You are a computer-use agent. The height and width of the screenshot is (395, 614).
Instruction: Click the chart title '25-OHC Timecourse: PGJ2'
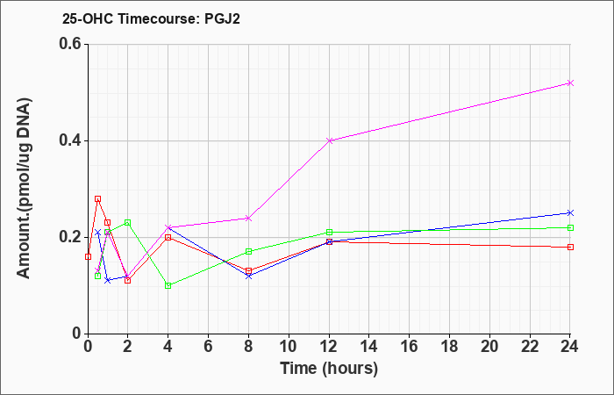click(x=151, y=18)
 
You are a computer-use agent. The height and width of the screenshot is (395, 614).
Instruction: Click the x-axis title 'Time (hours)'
click(x=329, y=369)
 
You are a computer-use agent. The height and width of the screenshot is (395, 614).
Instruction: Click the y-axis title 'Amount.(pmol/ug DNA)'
click(x=24, y=189)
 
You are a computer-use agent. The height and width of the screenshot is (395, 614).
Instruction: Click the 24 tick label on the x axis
click(x=570, y=347)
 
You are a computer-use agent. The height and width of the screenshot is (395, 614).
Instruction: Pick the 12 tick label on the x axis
click(x=329, y=347)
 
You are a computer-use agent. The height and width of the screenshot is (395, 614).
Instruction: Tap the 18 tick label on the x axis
click(x=449, y=347)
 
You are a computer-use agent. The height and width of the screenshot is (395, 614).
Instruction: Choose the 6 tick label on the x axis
click(x=209, y=347)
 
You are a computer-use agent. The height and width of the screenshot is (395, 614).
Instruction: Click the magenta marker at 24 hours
click(x=570, y=83)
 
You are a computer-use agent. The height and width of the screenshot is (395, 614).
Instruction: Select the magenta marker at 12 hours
click(x=329, y=140)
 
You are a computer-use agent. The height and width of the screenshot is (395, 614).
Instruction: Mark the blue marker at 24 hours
click(x=570, y=212)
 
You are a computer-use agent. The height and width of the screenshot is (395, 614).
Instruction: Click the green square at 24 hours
click(x=570, y=227)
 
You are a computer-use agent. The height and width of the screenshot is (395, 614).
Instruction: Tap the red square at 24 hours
click(x=570, y=247)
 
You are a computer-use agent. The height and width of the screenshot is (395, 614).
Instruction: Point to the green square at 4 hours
click(x=168, y=285)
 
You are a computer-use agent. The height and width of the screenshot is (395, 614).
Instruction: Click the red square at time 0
click(x=88, y=256)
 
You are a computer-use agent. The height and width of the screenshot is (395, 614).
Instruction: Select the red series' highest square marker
click(x=98, y=198)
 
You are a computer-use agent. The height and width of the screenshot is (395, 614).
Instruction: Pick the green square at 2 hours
click(x=127, y=223)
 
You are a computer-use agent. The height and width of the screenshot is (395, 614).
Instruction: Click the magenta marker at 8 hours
click(x=248, y=218)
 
